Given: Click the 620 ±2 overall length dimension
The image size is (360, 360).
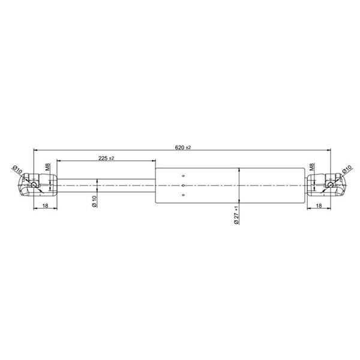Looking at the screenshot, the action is pos(183,148).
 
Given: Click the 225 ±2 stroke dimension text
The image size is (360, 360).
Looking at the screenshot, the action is pos(106,158).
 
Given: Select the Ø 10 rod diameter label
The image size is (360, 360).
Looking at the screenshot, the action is pos(95,202).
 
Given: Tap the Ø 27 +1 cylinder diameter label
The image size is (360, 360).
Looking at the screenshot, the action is pos(236,215).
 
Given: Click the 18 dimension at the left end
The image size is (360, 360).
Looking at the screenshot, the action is pos(46,206).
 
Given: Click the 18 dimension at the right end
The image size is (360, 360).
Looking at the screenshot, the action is pos(319,206).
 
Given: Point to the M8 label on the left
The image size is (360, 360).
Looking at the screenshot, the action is pos(48,167).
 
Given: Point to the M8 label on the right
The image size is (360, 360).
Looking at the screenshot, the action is pos(312,167).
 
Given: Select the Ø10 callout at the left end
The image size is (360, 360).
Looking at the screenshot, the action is pos(17,170).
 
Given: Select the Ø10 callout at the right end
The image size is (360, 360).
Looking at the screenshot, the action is pos(347,169).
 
